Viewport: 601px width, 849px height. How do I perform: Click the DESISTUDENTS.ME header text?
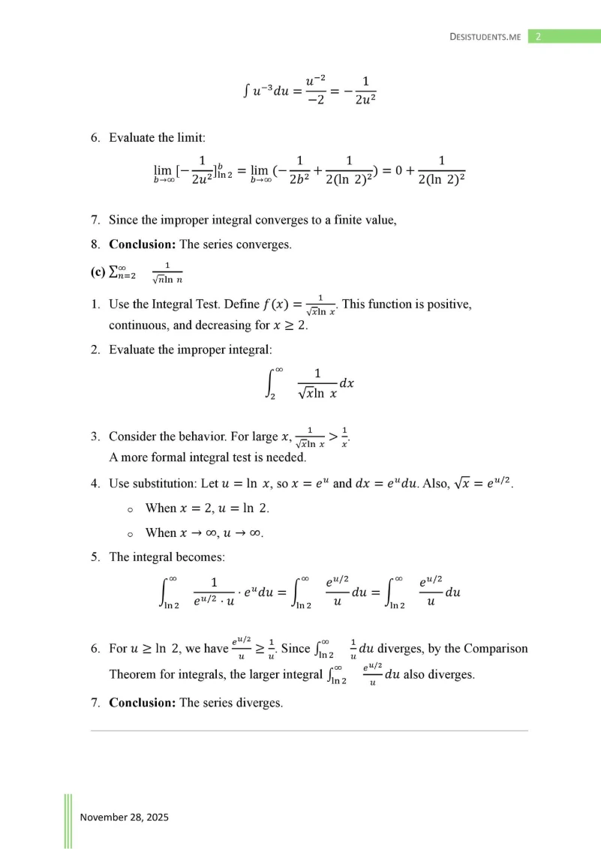pyautogui.click(x=485, y=36)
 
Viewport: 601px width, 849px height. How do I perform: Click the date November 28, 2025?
pyautogui.click(x=124, y=817)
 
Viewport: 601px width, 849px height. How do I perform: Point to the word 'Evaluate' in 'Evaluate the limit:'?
pyautogui.click(x=133, y=138)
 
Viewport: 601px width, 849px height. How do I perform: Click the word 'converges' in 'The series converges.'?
pyautogui.click(x=263, y=244)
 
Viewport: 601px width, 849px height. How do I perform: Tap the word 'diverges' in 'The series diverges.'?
pyautogui.click(x=259, y=703)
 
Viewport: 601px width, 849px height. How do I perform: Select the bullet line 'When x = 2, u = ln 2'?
pyautogui.click(x=206, y=508)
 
